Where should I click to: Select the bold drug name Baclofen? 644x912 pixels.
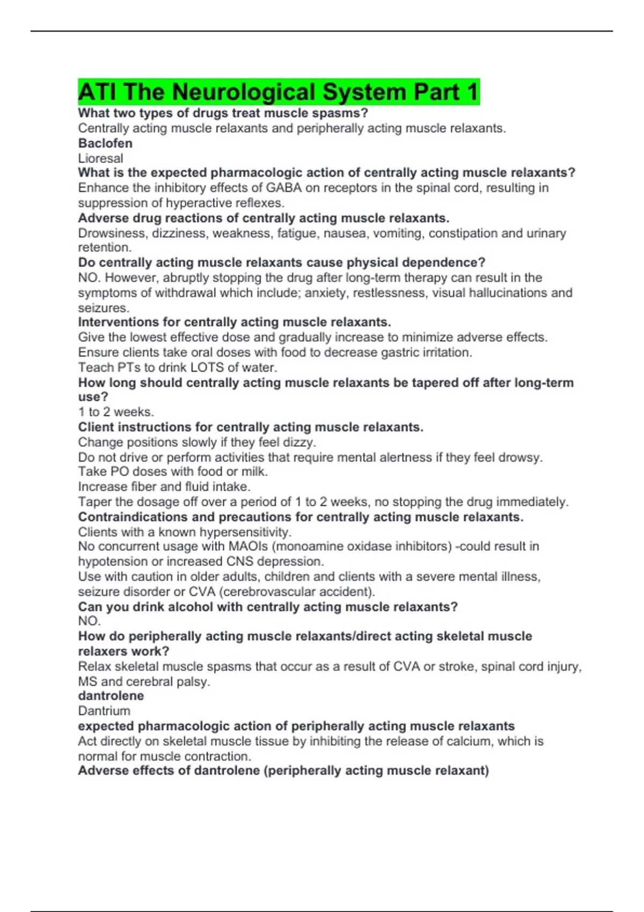(105, 143)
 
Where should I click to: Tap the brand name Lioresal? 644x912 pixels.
(100, 158)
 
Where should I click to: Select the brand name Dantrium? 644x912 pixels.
(104, 711)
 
